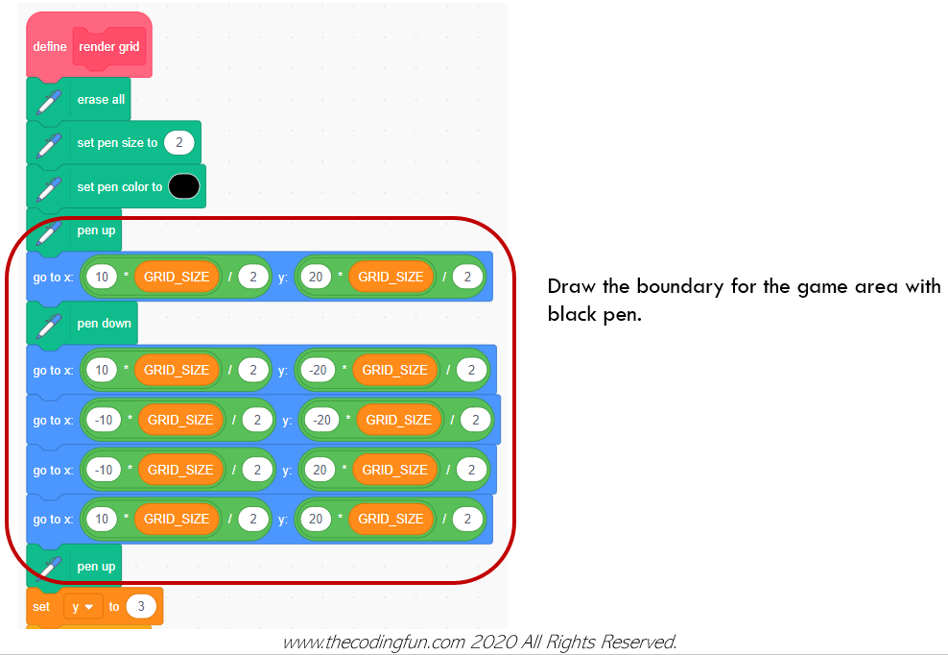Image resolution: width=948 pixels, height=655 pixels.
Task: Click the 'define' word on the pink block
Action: pos(50,46)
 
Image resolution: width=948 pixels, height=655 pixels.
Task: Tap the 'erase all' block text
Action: pos(101,99)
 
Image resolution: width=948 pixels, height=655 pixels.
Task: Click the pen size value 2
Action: pos(179,143)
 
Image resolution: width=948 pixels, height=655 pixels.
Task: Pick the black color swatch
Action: pos(183,186)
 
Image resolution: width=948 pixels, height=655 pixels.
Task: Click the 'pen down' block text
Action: pos(104,324)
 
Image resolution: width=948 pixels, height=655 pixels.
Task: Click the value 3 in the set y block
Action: pos(141,607)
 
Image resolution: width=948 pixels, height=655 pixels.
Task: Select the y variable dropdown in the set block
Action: pos(83,607)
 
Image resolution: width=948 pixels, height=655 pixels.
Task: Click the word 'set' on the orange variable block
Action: pos(41,607)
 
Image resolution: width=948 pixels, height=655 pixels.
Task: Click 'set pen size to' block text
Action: pos(117,143)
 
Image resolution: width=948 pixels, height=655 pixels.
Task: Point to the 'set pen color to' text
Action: pos(119,187)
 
